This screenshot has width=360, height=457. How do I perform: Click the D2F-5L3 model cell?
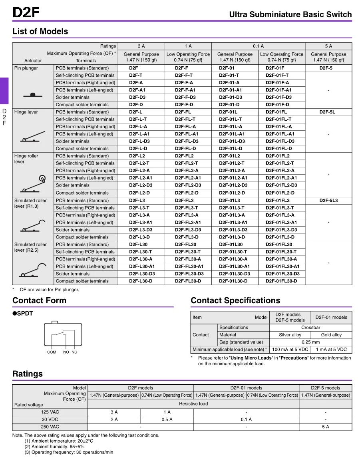click(x=328, y=201)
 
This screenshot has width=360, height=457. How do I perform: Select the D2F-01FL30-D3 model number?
click(x=282, y=274)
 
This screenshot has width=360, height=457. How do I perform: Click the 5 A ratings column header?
click(x=328, y=46)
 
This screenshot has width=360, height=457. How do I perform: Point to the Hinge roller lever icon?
click(x=33, y=184)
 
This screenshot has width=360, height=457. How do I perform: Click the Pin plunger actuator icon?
click(x=33, y=95)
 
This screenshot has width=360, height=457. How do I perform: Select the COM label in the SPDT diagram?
click(x=52, y=352)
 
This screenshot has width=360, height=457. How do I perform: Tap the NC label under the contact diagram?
click(x=74, y=352)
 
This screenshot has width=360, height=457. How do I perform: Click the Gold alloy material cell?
click(x=331, y=335)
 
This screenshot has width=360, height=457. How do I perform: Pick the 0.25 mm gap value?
click(x=310, y=342)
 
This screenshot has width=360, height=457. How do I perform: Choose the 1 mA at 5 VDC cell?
click(x=331, y=349)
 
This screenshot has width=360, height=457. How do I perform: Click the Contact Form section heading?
click(x=39, y=300)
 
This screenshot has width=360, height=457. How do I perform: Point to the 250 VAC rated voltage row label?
click(x=50, y=427)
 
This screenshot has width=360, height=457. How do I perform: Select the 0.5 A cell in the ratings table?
click(x=167, y=419)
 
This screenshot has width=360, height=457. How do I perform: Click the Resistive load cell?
click(x=193, y=403)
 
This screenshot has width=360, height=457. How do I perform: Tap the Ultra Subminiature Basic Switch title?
click(x=290, y=15)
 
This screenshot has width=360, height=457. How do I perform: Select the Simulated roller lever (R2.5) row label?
click(x=30, y=247)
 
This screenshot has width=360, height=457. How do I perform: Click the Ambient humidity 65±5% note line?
click(x=54, y=447)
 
